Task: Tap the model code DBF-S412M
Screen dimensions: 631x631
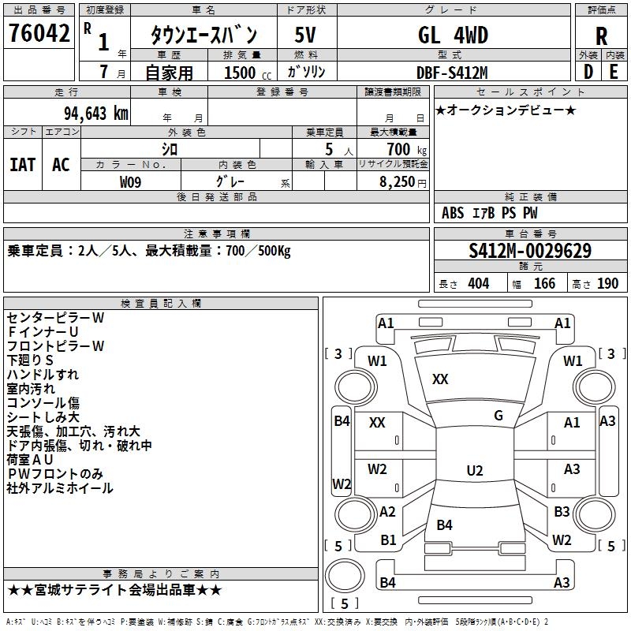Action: click(452, 73)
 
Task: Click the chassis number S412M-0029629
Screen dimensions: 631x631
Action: click(529, 251)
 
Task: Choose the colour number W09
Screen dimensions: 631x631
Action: click(131, 181)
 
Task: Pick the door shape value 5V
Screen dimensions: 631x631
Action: click(306, 35)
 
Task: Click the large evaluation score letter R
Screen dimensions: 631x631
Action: click(601, 35)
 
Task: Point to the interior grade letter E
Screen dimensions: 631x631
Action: click(614, 72)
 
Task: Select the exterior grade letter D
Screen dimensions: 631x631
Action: click(588, 72)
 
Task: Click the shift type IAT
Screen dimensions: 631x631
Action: click(22, 164)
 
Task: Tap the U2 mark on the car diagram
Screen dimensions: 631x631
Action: click(474, 471)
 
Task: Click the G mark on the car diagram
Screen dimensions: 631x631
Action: click(498, 416)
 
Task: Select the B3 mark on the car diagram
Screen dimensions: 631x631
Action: click(562, 512)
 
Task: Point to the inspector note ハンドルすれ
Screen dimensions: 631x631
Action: click(43, 374)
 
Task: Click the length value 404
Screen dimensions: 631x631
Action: click(478, 284)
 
